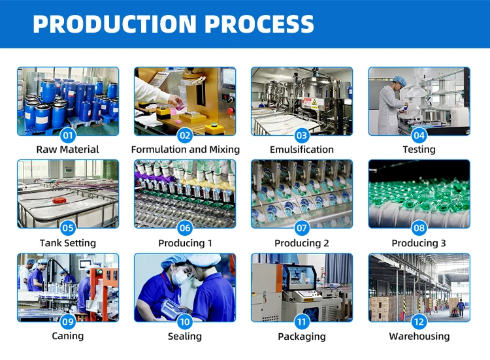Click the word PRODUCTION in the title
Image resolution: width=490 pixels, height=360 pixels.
(114, 24)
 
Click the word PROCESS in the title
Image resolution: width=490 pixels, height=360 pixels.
(259, 24)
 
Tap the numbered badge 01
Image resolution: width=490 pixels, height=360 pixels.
(68, 136)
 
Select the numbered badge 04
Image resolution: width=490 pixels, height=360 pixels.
(419, 136)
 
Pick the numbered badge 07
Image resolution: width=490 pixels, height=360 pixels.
(302, 229)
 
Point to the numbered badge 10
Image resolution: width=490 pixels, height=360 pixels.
(185, 321)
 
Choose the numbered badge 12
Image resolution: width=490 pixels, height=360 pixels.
(419, 321)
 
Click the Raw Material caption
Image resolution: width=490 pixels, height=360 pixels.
(68, 150)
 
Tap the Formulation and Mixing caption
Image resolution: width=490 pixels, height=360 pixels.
(185, 150)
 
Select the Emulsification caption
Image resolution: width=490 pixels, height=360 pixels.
(302, 150)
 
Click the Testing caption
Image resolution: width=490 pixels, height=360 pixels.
(419, 150)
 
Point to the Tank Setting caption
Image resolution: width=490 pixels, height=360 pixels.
(68, 243)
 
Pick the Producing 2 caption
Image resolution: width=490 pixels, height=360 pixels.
(302, 243)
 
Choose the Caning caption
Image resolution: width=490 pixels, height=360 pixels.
(68, 336)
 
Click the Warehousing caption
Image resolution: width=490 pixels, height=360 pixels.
(419, 336)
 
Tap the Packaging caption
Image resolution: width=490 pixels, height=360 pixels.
(302, 336)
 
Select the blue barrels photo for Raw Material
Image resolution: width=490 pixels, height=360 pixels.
(68, 98)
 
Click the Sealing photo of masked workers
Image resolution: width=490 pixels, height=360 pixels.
(185, 286)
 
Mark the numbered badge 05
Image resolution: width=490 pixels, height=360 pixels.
(68, 229)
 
